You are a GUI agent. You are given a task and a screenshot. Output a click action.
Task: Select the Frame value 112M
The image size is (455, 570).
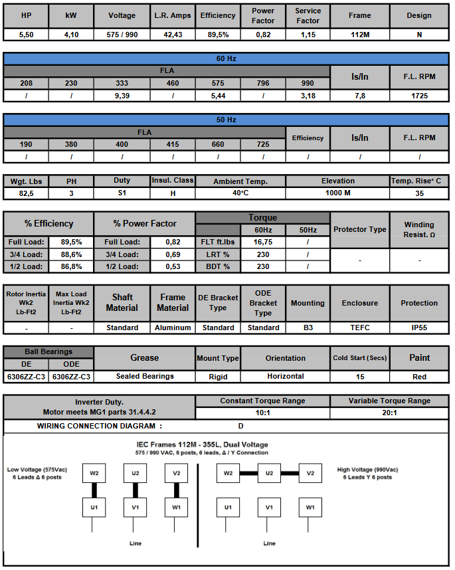point(359,35)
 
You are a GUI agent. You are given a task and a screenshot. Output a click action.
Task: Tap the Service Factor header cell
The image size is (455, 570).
point(308,15)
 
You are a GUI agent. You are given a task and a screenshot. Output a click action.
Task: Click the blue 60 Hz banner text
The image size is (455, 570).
point(227,58)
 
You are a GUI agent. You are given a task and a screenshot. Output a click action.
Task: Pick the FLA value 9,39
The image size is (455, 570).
point(122,96)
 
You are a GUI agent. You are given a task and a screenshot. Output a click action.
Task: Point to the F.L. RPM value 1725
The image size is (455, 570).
point(419,96)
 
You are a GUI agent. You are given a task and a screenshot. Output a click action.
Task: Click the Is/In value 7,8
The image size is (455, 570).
point(359,96)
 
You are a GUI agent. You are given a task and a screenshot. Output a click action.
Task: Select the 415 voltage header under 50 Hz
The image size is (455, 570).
point(173,144)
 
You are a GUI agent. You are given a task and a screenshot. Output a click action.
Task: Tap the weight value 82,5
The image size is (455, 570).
point(26,193)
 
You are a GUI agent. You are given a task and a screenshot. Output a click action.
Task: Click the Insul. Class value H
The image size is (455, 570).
point(173,193)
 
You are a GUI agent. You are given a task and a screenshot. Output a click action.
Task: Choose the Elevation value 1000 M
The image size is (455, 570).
point(337,193)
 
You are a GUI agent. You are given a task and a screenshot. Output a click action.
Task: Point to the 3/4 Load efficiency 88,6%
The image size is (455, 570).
point(71,254)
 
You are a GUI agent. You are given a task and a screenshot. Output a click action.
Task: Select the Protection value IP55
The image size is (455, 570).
point(419,328)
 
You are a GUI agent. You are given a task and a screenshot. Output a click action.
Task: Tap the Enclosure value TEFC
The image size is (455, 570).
point(359,328)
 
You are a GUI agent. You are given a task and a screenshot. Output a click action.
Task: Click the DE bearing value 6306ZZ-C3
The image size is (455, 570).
point(26,377)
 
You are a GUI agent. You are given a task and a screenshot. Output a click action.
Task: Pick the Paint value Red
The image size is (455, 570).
point(419,377)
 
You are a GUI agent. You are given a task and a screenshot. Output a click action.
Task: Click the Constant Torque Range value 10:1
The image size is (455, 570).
point(262,413)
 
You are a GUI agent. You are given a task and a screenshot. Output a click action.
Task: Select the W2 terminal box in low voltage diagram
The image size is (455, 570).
point(94,474)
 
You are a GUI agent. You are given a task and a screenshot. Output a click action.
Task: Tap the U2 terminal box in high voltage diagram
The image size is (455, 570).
point(268,474)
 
